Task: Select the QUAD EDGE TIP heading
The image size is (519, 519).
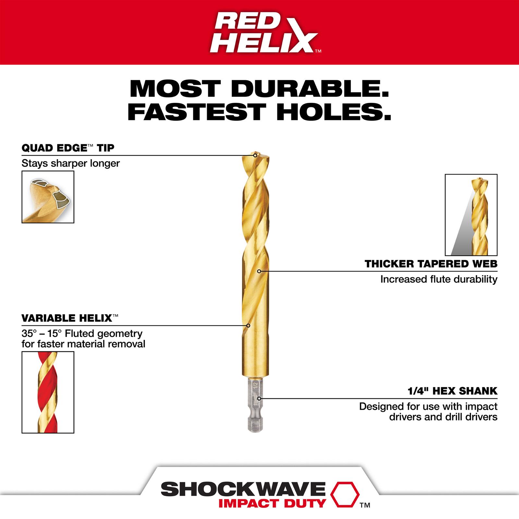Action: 68,148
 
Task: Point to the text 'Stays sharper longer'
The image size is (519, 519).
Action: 71,163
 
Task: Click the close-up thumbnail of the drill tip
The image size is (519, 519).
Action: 48,197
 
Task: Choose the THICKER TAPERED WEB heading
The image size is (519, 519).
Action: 431,264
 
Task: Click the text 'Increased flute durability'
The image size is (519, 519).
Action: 439,279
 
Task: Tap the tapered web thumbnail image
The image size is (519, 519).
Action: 471,215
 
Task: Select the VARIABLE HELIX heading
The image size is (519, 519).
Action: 67,318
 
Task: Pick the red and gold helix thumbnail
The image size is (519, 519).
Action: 48,392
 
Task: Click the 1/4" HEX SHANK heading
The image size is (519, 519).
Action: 452,391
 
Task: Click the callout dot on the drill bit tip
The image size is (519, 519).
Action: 255,155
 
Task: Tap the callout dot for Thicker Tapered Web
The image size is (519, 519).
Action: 259,271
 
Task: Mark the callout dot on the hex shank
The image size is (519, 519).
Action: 259,398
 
